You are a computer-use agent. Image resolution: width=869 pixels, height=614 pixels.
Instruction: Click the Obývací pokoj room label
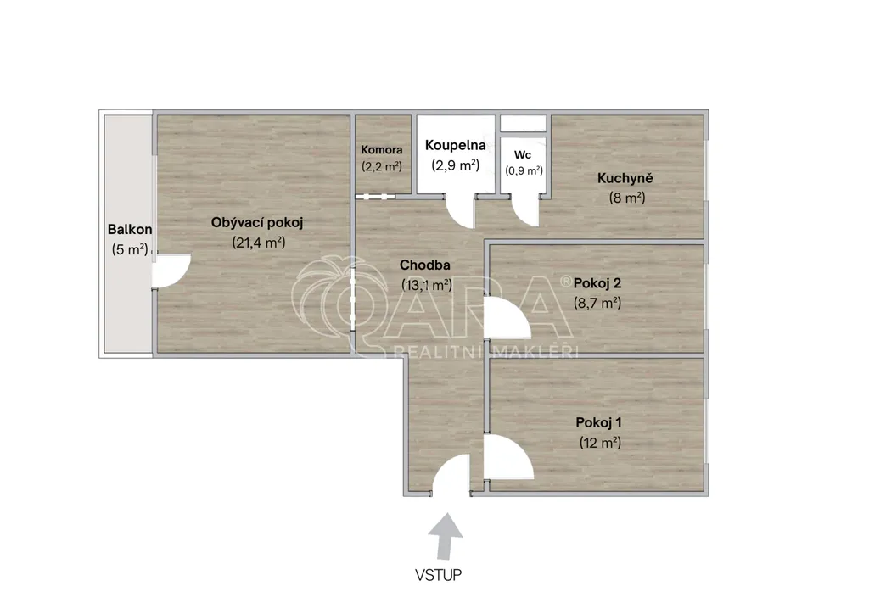click(256, 223)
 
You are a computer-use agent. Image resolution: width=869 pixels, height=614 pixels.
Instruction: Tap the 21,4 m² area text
click(259, 243)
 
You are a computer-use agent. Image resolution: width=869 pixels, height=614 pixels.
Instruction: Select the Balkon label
click(130, 229)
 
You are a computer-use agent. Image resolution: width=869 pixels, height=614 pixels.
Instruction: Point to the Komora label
click(382, 149)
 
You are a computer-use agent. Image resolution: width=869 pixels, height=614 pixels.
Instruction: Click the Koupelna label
click(456, 145)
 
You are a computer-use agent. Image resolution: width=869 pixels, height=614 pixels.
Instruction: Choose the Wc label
click(523, 155)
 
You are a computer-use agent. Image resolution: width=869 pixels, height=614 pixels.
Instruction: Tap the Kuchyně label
click(625, 178)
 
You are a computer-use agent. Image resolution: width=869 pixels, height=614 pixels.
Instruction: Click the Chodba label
click(425, 265)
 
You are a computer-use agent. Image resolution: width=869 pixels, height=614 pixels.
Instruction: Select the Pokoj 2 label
click(597, 283)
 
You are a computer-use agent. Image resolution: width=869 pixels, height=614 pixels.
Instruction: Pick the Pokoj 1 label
click(598, 423)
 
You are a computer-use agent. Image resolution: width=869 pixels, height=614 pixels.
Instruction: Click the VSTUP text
click(439, 575)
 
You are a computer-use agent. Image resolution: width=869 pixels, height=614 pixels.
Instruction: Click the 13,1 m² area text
click(427, 285)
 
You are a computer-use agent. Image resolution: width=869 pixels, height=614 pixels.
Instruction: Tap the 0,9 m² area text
click(524, 170)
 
